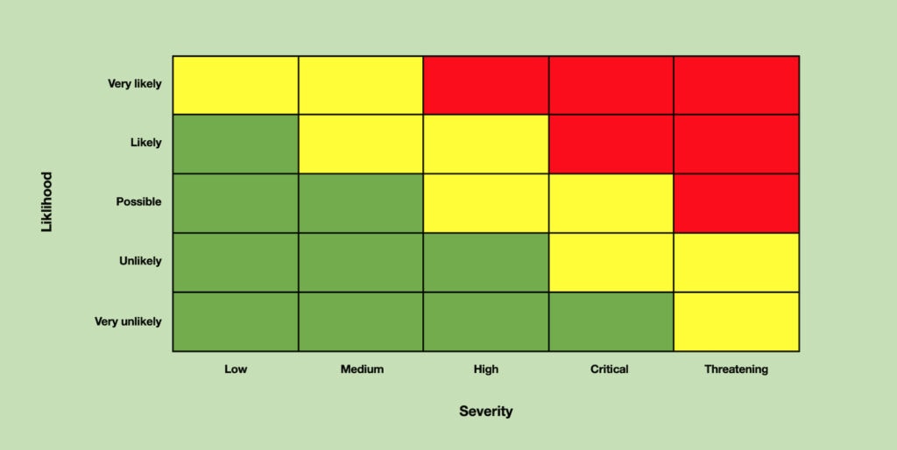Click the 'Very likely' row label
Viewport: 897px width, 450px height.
[135, 84]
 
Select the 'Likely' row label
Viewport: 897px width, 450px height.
[145, 143]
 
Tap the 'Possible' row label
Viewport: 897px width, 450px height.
[139, 202]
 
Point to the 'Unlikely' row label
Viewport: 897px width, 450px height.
[141, 261]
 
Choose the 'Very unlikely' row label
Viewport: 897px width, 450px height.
[128, 321]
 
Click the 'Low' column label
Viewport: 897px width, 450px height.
[236, 369]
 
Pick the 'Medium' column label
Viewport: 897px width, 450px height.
[362, 369]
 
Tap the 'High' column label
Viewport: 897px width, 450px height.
[485, 369]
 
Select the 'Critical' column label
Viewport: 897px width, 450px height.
[610, 369]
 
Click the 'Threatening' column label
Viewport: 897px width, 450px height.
[736, 369]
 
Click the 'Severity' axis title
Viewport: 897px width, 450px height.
[486, 411]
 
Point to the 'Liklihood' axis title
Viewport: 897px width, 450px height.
[47, 202]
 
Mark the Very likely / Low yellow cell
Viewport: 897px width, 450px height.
[236, 85]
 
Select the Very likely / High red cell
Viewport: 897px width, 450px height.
[486, 85]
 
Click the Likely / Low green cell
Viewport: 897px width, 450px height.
[236, 144]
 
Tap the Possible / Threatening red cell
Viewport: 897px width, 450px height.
[736, 203]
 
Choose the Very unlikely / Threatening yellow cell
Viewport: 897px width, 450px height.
[736, 321]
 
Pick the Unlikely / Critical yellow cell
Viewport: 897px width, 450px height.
[611, 262]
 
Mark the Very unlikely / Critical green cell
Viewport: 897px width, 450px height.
[611, 321]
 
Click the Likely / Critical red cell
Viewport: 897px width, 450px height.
[611, 144]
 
